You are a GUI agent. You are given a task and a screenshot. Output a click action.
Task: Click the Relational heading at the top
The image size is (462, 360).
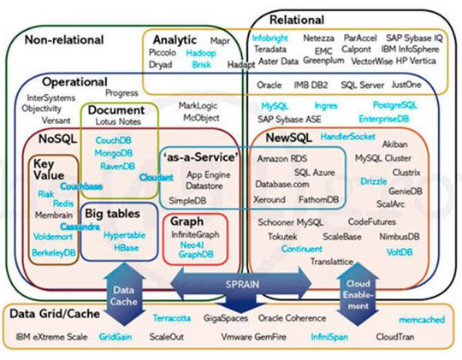click(x=296, y=20)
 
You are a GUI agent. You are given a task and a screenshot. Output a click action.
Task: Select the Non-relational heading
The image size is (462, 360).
click(x=63, y=39)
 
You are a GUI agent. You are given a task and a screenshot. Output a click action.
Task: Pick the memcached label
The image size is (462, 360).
click(x=420, y=318)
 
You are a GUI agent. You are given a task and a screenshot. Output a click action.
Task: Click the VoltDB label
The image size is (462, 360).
click(x=399, y=252)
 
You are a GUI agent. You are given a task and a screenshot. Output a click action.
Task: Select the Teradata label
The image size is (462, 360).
click(x=270, y=50)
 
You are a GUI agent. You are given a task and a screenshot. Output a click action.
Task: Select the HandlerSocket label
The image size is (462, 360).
click(x=348, y=136)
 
